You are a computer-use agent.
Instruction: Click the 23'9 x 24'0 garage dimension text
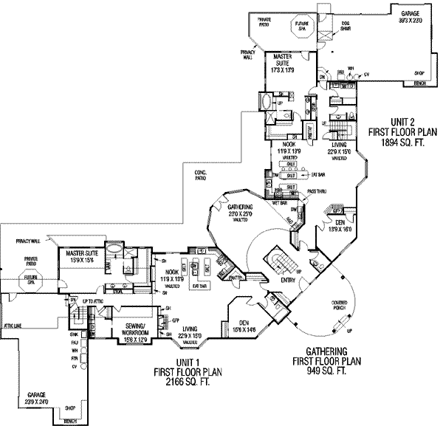36,402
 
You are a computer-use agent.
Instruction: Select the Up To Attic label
92,303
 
